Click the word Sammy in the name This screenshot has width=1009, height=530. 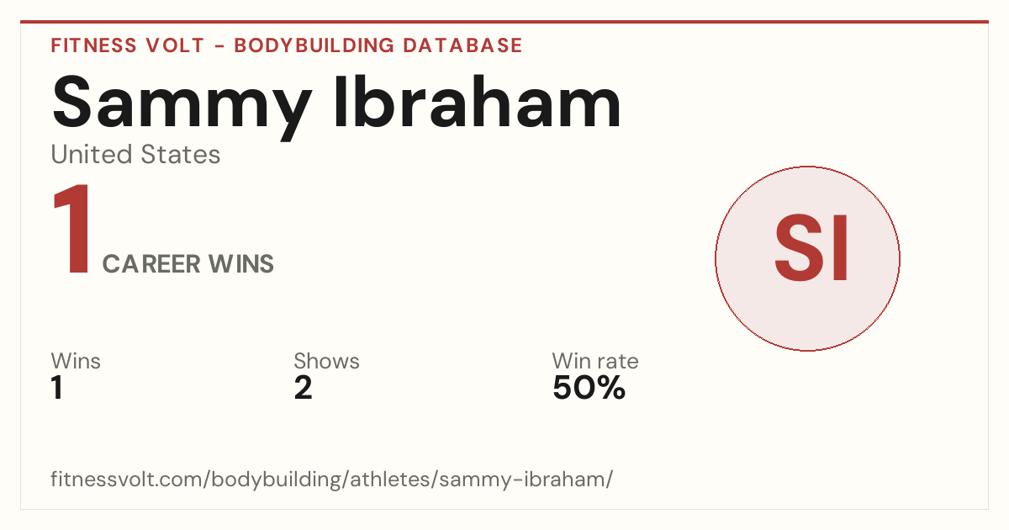182,106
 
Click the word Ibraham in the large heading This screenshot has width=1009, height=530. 478,102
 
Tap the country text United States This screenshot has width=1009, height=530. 135,154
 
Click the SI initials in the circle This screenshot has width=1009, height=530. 811,248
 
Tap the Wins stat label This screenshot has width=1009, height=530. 76,361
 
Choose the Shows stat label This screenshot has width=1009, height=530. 326,361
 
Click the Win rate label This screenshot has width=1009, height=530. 595,361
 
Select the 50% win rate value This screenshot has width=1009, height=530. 589,388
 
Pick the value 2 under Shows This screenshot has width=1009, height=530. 303,388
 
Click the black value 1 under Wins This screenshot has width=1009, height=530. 57,388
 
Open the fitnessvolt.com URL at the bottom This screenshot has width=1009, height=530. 331,479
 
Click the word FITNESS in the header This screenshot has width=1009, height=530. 93,45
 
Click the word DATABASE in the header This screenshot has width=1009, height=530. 462,45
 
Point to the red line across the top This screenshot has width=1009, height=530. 504,21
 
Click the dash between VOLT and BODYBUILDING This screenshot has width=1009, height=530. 219,46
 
